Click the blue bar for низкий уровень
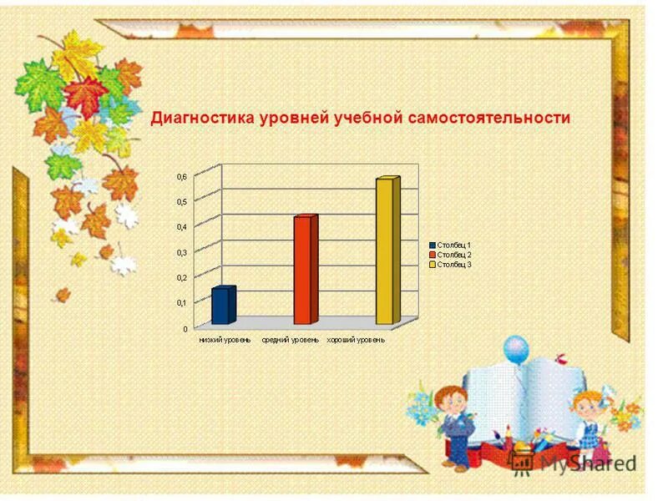tap(223, 306)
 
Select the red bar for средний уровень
tap(305, 270)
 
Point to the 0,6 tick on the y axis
tap(181, 177)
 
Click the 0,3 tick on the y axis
tap(181, 252)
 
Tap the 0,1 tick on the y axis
tap(181, 303)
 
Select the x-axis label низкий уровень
tap(225, 340)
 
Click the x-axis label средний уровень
tap(290, 340)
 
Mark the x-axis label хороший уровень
tap(357, 340)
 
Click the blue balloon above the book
tap(517, 347)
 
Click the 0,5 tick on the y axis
tap(181, 202)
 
